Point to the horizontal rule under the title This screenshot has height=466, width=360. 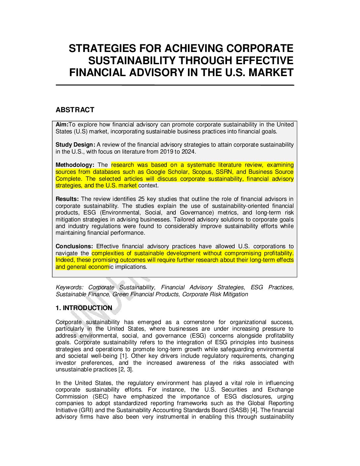pos(175,85)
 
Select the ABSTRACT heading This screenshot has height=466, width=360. pos(75,110)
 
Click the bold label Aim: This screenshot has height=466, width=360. pos(62,125)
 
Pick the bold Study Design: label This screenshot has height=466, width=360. pos(75,145)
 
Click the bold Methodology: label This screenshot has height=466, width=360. pos(75,165)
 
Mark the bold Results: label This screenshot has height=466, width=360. pos(67,199)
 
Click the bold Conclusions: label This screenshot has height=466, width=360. pos(74,247)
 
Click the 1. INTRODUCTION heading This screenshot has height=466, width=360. pos(84,308)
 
